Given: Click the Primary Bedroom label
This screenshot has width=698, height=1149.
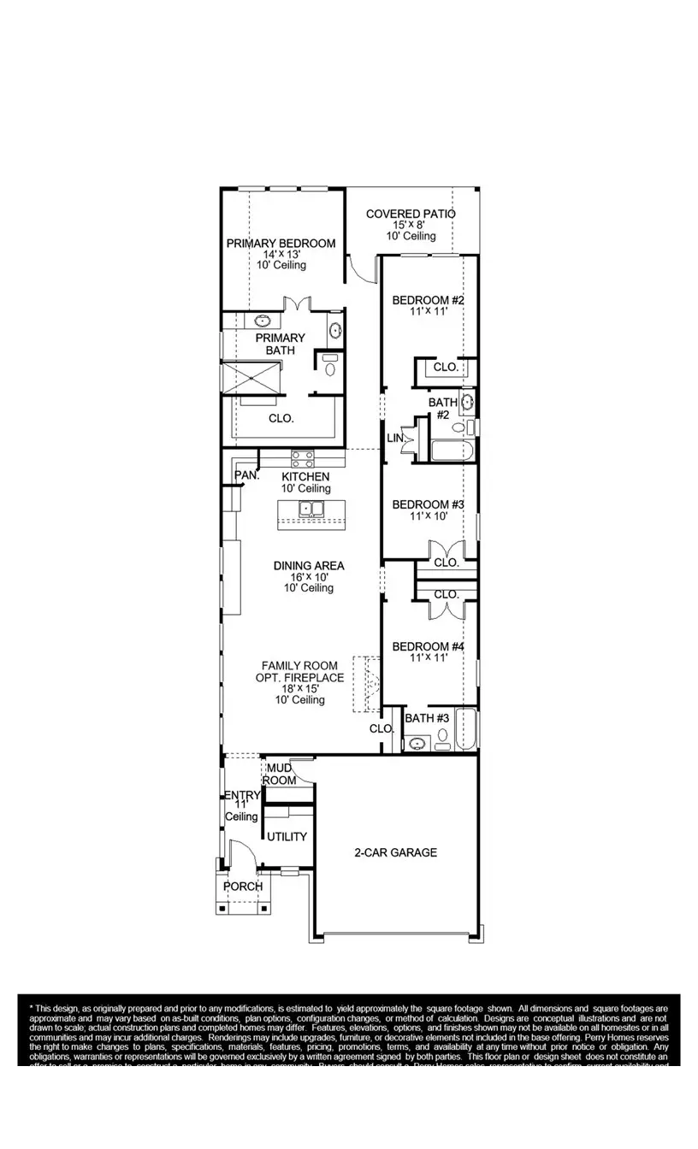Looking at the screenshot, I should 281,244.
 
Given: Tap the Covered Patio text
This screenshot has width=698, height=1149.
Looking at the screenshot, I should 411,214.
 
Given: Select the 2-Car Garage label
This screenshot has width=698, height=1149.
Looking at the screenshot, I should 396,852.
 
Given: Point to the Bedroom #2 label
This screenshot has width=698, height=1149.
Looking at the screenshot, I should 428,300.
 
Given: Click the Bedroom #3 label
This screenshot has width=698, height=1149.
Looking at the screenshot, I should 428,504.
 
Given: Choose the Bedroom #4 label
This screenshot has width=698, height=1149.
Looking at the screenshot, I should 428,646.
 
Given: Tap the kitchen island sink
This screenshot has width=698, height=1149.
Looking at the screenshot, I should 311,510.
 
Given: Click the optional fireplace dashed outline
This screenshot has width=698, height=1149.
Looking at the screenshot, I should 369,681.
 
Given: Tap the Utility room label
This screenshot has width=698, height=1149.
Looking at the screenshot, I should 287,837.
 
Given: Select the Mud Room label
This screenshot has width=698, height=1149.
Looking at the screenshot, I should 279,775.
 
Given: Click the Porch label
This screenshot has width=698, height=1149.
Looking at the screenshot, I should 243,887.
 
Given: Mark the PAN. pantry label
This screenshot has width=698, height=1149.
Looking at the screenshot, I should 247,474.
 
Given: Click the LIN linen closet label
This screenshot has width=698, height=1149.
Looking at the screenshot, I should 394,439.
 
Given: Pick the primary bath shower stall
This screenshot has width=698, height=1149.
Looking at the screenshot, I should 251,378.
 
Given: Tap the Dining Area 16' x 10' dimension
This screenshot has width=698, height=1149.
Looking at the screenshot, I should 309,577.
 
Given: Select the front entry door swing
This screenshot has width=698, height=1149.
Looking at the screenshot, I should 242,855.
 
